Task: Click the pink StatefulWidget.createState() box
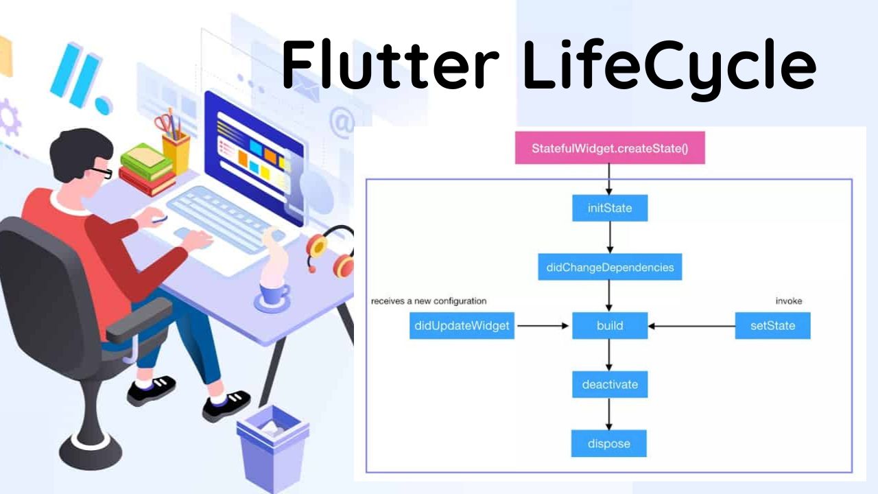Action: [x=610, y=148]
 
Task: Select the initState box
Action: [x=610, y=208]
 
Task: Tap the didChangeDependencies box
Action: [x=610, y=267]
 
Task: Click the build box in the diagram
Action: [x=610, y=325]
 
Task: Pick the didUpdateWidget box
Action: [x=462, y=325]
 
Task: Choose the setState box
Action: [x=772, y=325]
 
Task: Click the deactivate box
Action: [x=610, y=384]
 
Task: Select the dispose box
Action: [x=609, y=443]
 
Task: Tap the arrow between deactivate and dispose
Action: [x=609, y=414]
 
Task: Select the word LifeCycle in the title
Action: [x=669, y=65]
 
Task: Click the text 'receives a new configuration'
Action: [x=429, y=301]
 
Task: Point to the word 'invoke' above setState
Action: [x=788, y=301]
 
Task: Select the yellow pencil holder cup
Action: [x=176, y=152]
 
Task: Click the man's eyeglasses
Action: [x=102, y=172]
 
